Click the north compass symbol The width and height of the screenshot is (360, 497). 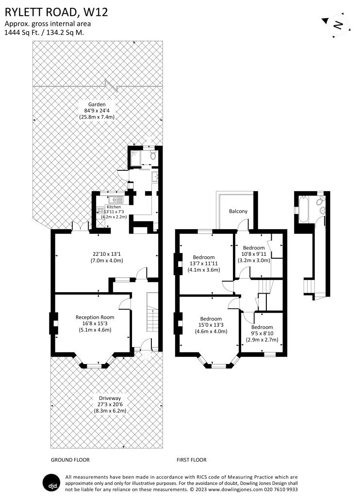337,25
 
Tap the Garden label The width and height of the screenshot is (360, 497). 97,104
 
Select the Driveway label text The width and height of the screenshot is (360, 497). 110,398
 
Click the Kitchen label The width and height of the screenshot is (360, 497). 114,207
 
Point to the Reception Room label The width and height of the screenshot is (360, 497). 95,317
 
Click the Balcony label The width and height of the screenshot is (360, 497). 238,212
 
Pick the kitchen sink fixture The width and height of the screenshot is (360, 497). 116,199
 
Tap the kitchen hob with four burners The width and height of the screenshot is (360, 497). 100,210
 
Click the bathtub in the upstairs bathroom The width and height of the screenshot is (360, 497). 303,209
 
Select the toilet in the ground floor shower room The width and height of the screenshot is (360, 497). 153,156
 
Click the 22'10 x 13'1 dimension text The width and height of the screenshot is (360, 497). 106,254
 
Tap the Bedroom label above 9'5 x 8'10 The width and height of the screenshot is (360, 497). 262,327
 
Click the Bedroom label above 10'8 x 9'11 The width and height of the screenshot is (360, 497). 254,248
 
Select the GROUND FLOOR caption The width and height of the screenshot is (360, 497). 70,460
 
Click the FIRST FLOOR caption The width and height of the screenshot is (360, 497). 192,460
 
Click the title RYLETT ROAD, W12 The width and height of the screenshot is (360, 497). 56,12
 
